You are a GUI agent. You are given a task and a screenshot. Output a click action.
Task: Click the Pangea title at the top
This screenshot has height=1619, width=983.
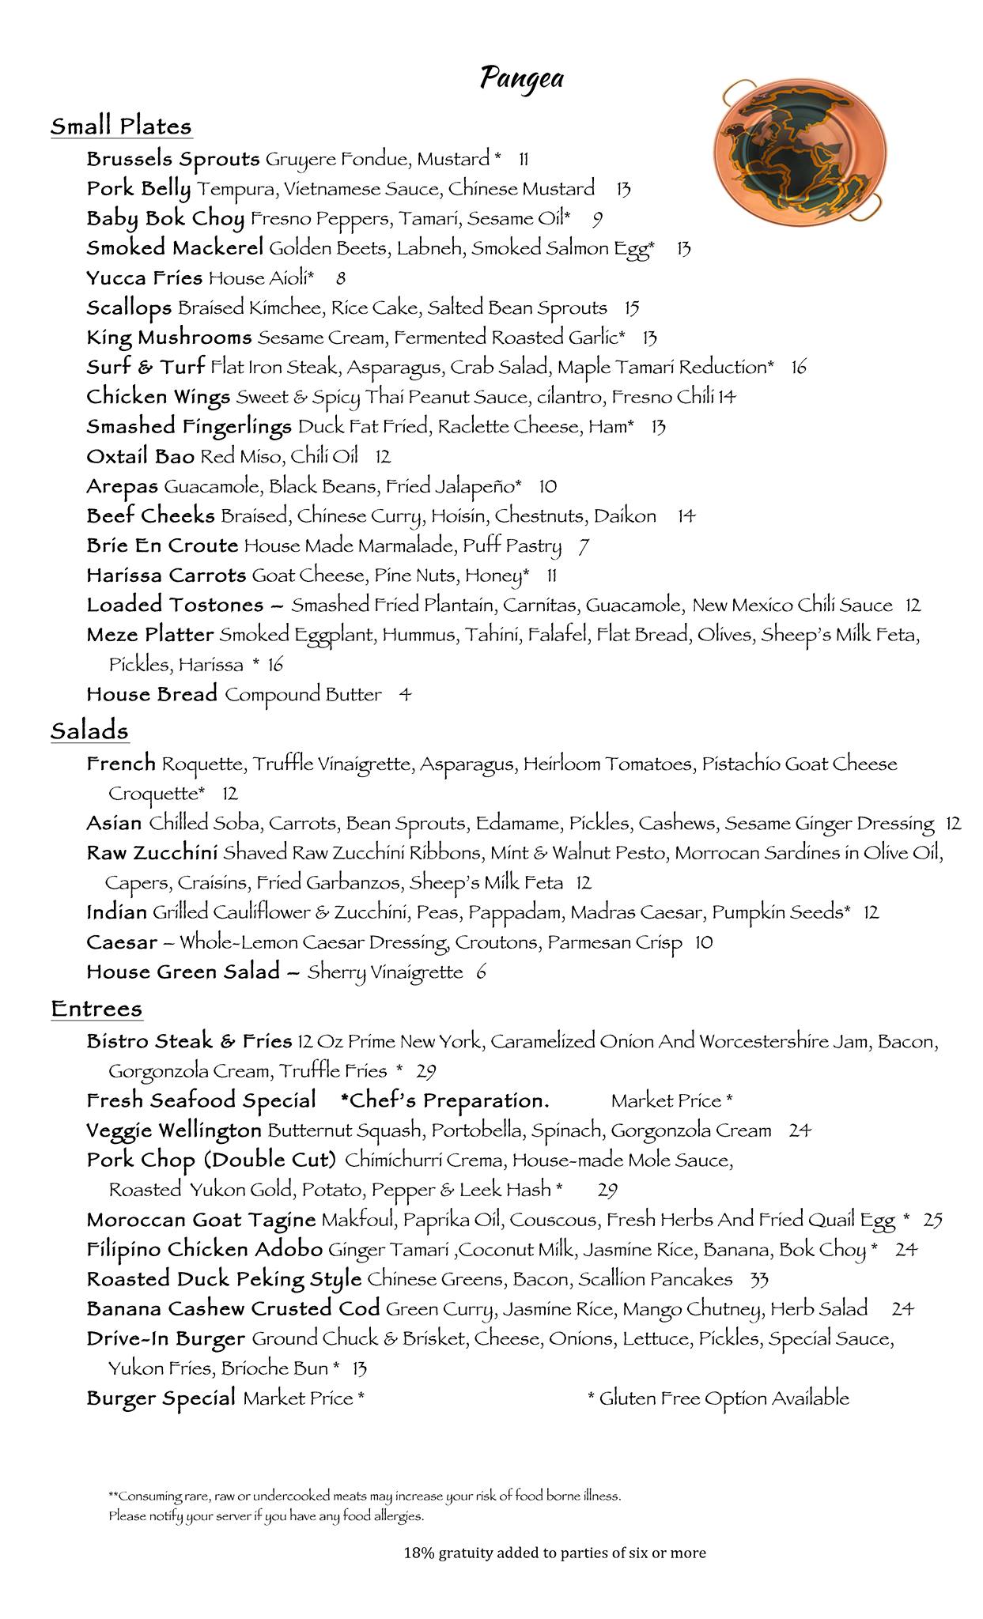[522, 79]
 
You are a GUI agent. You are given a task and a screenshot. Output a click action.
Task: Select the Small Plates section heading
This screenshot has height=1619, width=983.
[121, 126]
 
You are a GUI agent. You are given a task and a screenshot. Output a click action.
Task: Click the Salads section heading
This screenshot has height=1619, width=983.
[89, 730]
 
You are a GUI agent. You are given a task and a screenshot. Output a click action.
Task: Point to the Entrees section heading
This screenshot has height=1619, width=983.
[96, 1009]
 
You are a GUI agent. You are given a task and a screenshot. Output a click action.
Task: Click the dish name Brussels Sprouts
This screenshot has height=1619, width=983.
[172, 160]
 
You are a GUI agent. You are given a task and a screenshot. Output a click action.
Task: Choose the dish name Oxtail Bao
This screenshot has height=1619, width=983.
[140, 457]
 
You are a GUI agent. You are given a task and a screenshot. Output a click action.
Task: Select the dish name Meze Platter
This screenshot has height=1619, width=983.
[149, 635]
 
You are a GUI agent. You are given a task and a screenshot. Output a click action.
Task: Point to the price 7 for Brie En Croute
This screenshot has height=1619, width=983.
[584, 546]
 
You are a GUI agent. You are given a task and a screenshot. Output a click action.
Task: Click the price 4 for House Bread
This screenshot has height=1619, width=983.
[405, 695]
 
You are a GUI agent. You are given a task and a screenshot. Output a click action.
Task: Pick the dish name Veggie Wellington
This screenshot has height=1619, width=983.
[173, 1131]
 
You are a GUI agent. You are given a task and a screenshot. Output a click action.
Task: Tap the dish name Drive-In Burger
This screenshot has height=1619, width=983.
[165, 1339]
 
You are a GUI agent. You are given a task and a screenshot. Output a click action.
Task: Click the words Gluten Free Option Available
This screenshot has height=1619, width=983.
[724, 1398]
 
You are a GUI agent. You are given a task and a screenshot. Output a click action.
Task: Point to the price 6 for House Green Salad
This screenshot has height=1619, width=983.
[481, 972]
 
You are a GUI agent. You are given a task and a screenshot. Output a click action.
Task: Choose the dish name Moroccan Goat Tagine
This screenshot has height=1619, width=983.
[201, 1220]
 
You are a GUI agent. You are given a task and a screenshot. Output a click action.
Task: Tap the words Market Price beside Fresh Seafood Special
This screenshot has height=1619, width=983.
[666, 1101]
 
